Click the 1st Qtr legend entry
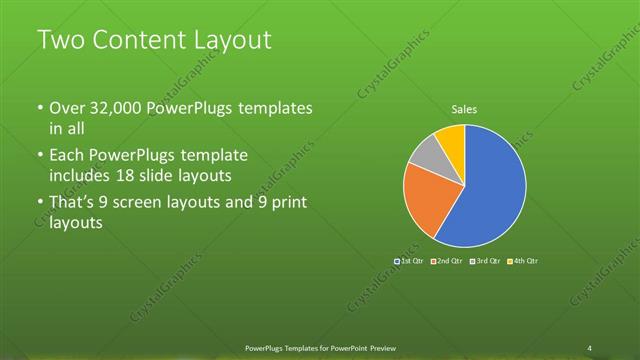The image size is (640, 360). coord(411,261)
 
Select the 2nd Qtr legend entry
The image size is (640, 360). coord(447,261)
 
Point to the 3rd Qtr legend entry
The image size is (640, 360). coord(485,261)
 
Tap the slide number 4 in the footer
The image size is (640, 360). coord(590,347)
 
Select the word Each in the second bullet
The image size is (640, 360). coord(66,156)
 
